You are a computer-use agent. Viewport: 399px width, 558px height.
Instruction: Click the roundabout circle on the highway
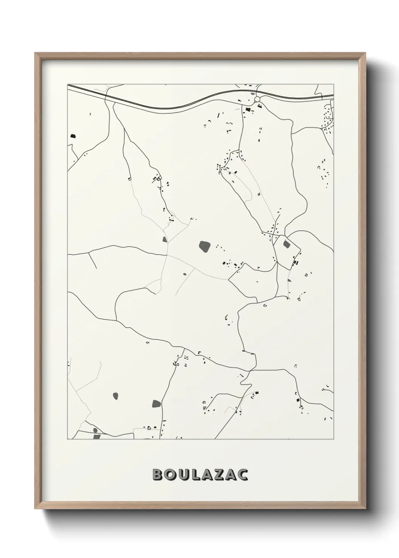click(258, 99)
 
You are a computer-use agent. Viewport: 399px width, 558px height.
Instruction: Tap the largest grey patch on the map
click(205, 247)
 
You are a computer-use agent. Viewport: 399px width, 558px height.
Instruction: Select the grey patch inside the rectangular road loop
click(287, 244)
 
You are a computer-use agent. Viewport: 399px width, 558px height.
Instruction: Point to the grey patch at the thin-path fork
click(164, 239)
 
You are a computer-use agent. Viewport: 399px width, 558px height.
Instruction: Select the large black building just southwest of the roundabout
click(248, 109)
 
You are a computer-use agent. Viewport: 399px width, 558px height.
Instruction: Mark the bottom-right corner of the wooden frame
click(364, 509)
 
